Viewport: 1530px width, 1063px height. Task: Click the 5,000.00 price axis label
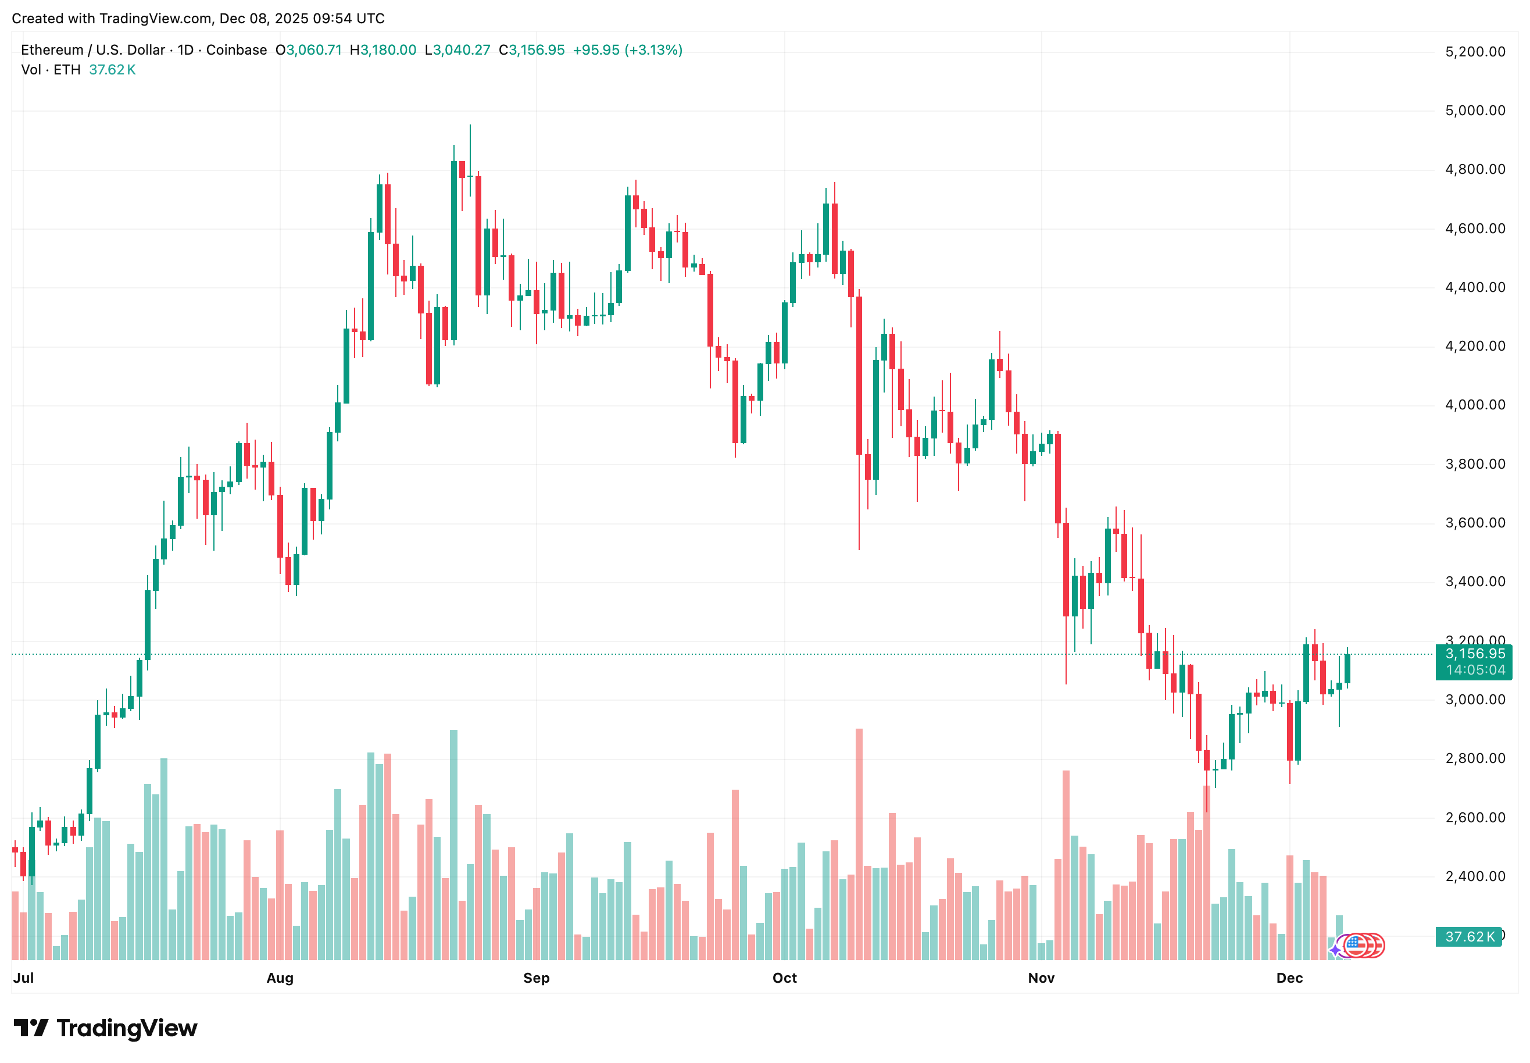coord(1474,110)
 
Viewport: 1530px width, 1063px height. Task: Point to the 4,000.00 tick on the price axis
coord(1474,405)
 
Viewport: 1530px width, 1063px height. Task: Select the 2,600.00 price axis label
coord(1474,817)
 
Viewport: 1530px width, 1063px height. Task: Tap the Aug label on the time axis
coord(280,978)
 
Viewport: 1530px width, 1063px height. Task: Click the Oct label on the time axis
coord(784,978)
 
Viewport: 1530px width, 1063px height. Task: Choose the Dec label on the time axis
coord(1288,978)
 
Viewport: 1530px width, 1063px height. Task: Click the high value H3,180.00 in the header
coord(383,50)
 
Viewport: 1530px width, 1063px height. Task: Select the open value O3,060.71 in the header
coord(308,50)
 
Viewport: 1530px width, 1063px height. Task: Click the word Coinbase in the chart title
coord(237,50)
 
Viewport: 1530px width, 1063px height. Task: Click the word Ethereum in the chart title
coord(52,50)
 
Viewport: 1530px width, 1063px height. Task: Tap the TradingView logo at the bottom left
coord(105,1028)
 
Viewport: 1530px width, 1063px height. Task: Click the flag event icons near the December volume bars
coord(1362,945)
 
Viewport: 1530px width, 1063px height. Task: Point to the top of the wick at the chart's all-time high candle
coord(470,125)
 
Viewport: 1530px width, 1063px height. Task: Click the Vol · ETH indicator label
coord(51,70)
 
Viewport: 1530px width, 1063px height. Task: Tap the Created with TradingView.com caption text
coord(198,18)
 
